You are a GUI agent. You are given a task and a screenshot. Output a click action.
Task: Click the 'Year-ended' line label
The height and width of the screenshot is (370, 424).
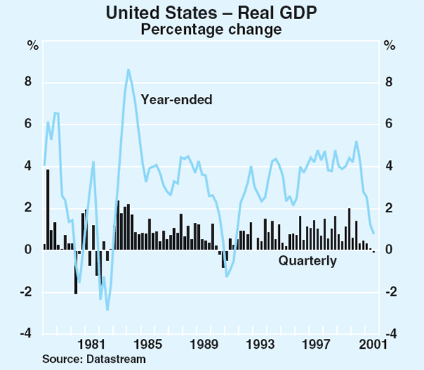[x=176, y=100]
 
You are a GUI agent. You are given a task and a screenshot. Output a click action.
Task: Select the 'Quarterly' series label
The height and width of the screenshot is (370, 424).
[x=307, y=261]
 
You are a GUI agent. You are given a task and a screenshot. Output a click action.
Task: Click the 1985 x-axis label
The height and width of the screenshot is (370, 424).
[x=146, y=345]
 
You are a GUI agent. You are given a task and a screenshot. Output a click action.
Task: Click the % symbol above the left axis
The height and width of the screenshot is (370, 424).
[x=33, y=46]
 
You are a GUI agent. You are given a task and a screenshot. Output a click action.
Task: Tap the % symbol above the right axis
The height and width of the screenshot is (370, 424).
[x=389, y=46]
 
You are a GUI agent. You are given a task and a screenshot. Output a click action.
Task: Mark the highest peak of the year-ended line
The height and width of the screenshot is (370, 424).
[x=128, y=69]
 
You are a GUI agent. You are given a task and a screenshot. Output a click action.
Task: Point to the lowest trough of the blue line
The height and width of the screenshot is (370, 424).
[x=107, y=310]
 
